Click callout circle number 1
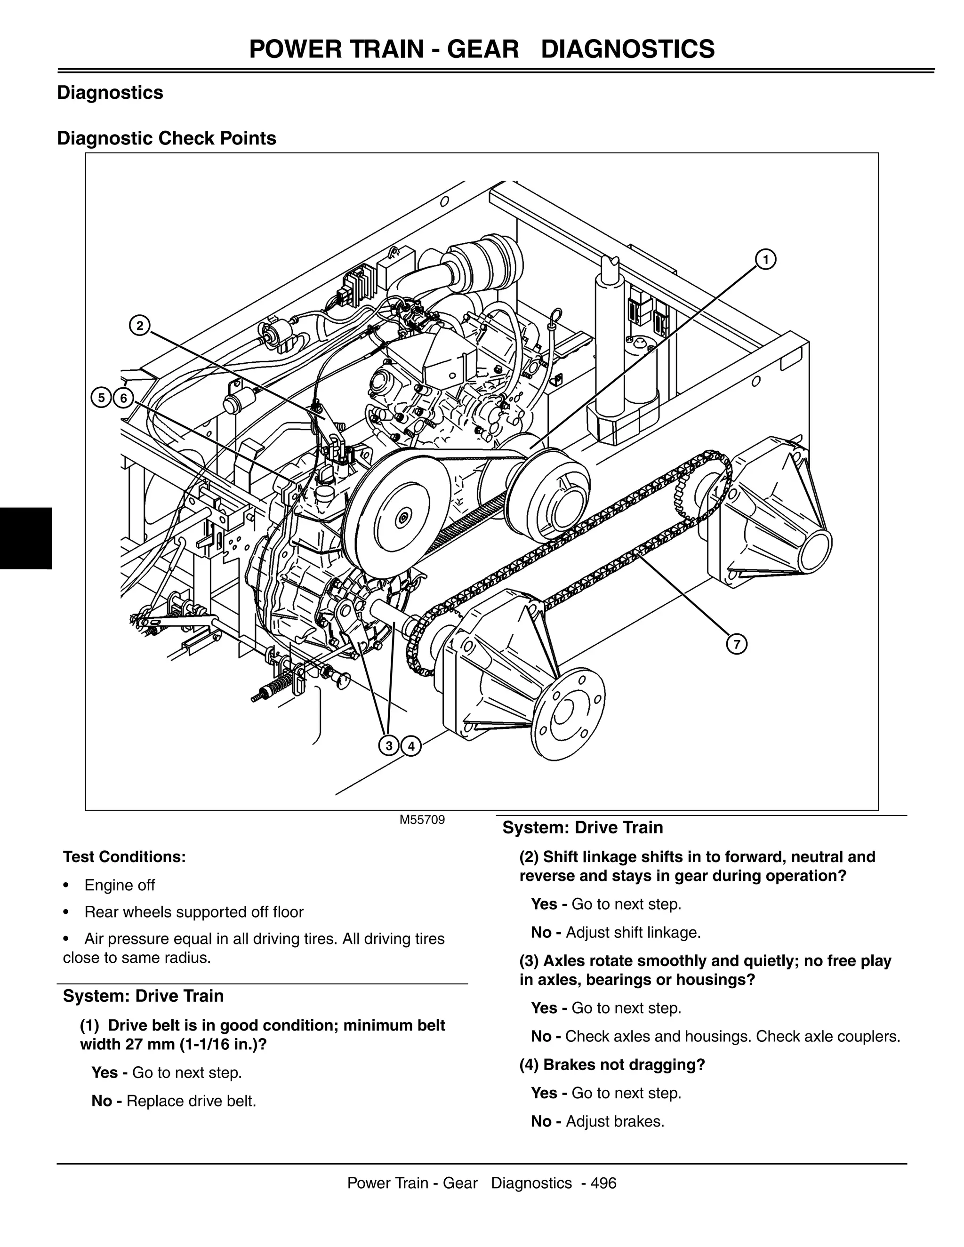point(765,260)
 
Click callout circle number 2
point(139,326)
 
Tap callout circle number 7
point(737,645)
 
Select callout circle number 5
point(102,398)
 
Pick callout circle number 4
point(410,746)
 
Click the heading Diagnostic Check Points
point(166,138)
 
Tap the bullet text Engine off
point(120,885)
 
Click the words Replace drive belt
point(191,1101)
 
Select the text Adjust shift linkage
point(633,932)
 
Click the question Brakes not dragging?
point(612,1064)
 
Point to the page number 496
point(603,1183)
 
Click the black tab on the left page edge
point(26,538)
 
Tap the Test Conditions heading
point(124,856)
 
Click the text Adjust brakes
point(614,1121)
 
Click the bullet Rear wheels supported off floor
point(193,912)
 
